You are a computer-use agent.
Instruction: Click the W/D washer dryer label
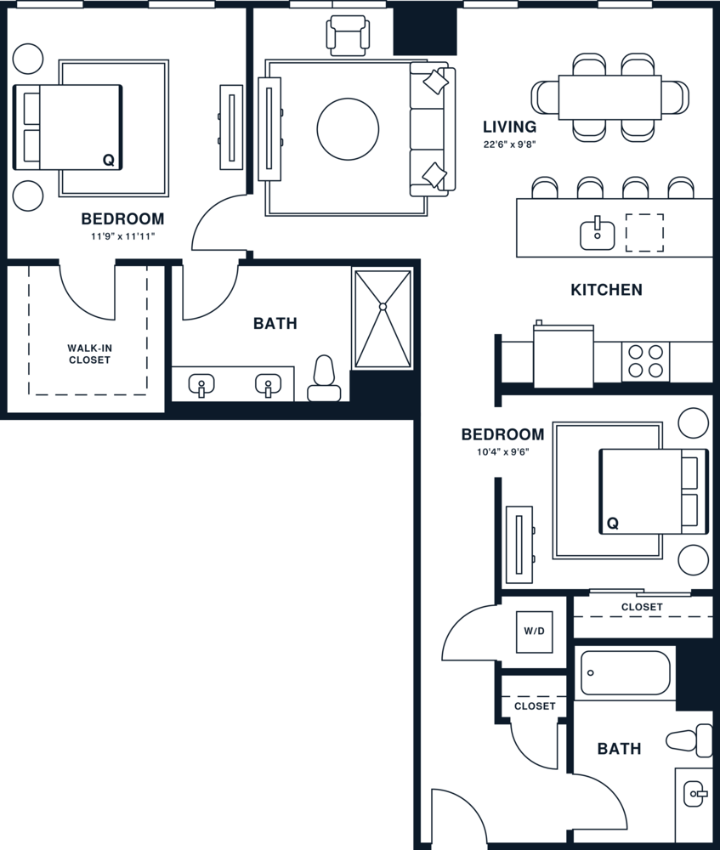534,632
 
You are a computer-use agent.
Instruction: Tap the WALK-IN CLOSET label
89,354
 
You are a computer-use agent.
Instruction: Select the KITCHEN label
606,290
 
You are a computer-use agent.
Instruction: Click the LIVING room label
509,127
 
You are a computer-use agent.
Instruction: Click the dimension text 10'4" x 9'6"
502,452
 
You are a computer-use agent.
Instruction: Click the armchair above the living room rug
349,35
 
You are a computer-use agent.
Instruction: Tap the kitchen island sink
598,234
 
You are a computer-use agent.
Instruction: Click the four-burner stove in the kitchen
645,360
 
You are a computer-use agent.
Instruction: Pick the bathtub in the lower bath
626,673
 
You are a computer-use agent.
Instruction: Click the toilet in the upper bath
324,380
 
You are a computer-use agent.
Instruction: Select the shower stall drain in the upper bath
383,306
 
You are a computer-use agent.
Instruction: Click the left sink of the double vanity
201,385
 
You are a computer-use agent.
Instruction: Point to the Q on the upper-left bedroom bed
108,159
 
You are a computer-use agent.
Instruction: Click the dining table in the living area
609,98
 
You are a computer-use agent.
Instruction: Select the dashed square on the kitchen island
644,233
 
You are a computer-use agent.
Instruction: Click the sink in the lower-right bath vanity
694,794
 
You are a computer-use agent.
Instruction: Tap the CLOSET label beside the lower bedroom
642,607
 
